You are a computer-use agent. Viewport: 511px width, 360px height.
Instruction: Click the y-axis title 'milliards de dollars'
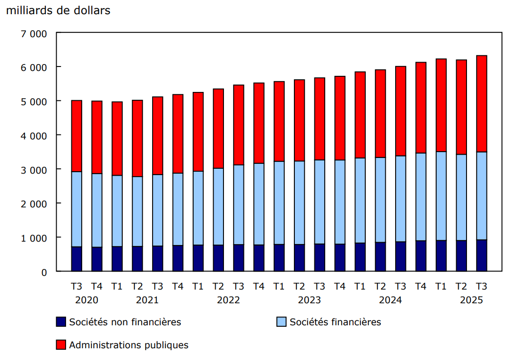(x=58, y=11)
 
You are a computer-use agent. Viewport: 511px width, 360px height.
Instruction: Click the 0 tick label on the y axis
(x=44, y=272)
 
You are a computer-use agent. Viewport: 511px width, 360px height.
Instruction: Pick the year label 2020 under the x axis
(x=87, y=300)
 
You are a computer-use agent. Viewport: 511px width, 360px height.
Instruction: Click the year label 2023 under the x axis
(x=310, y=300)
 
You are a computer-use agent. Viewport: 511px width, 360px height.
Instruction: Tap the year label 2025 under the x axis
(x=471, y=300)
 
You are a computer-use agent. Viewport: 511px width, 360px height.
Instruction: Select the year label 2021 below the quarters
(x=147, y=300)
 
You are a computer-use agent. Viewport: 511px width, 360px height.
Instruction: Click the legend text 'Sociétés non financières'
(x=125, y=322)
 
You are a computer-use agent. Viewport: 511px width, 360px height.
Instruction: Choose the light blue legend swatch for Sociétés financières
(x=281, y=322)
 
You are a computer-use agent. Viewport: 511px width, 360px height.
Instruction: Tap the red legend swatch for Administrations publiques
(x=61, y=345)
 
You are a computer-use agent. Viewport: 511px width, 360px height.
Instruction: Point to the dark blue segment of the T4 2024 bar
(x=421, y=256)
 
